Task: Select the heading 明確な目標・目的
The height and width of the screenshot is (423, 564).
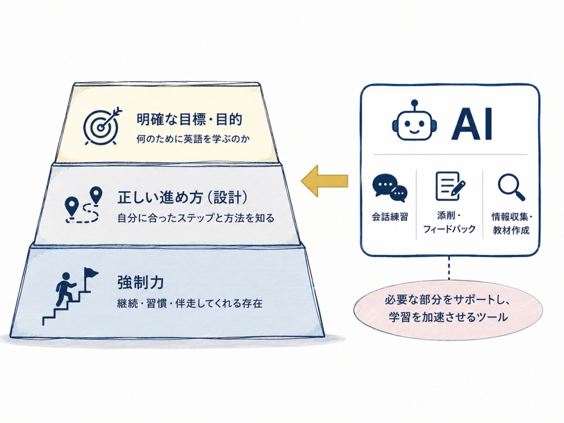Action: tap(189, 119)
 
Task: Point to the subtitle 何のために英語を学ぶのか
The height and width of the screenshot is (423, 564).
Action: tap(193, 139)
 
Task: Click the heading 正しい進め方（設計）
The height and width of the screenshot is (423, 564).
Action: tap(182, 197)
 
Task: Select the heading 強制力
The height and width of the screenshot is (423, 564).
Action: tap(140, 282)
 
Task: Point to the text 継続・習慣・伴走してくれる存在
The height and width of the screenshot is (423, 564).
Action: tap(189, 303)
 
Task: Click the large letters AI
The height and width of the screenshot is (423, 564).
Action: tap(472, 124)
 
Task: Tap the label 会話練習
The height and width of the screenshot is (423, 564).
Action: tap(390, 217)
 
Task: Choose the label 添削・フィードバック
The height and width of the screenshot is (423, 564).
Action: tap(449, 222)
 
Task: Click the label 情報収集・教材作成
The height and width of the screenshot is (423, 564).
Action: tap(511, 223)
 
